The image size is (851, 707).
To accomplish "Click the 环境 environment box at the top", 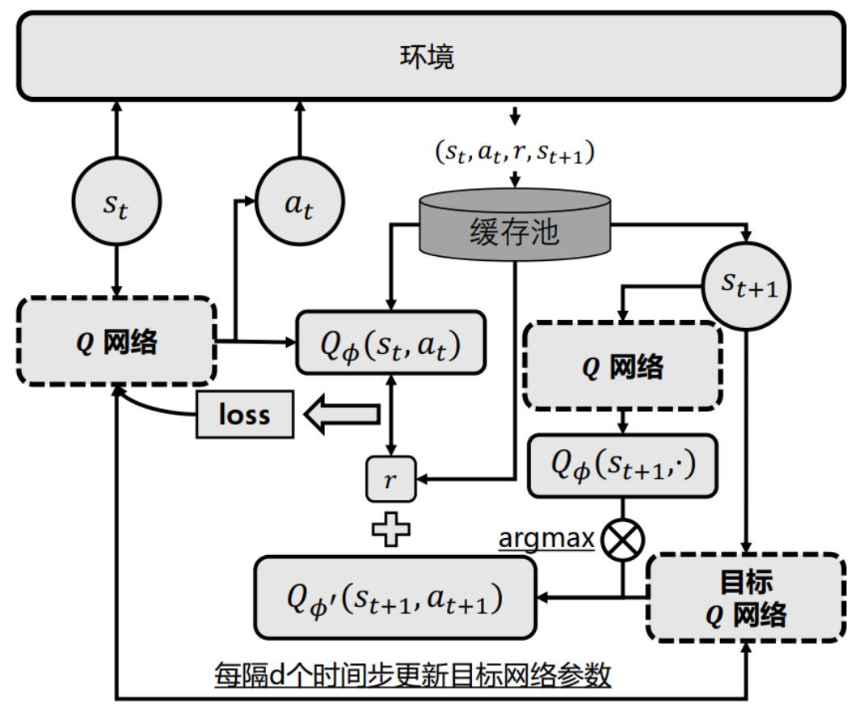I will (426, 57).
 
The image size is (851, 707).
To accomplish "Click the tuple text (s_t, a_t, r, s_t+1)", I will (515, 151).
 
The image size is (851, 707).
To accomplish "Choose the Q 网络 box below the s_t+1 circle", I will (623, 367).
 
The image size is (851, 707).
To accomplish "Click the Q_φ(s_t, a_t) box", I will (391, 343).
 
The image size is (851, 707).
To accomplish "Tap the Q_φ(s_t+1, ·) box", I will (623, 465).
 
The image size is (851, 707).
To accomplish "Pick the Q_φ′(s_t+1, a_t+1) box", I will (394, 597).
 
